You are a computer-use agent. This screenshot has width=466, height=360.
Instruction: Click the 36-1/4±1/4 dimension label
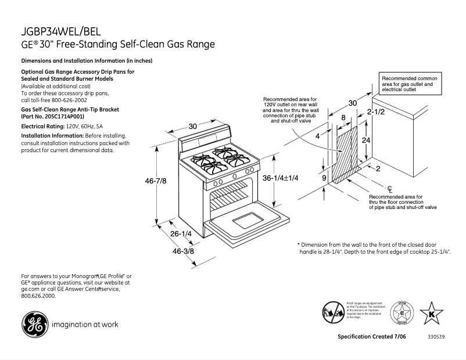[280, 178]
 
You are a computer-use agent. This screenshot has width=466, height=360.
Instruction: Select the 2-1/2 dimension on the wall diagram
[375, 111]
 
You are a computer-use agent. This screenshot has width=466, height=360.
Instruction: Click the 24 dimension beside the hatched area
[365, 141]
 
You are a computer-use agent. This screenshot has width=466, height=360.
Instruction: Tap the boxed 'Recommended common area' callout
[409, 84]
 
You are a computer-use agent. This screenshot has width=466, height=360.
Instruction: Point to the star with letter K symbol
[431, 314]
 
